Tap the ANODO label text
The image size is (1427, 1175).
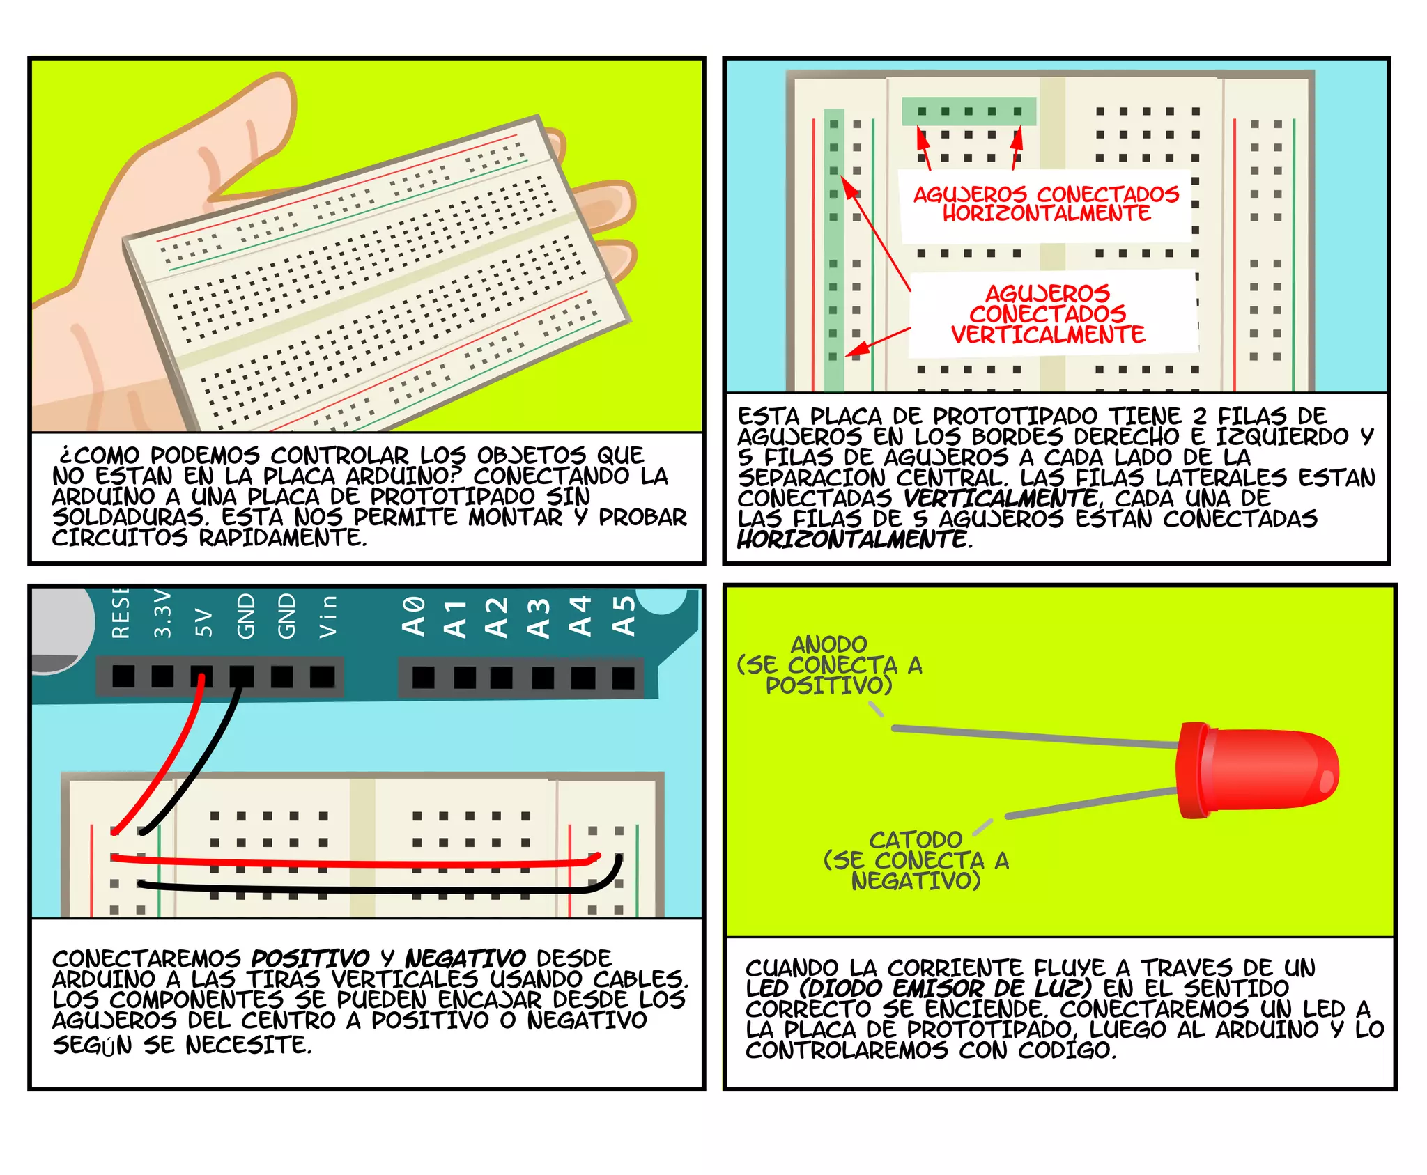[828, 644]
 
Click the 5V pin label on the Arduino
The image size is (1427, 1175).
[203, 622]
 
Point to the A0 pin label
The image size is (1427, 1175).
[414, 616]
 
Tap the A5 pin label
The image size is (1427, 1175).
[624, 616]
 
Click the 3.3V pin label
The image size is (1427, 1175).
[162, 614]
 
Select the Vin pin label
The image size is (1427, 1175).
[327, 616]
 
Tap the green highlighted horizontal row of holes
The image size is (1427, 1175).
[969, 111]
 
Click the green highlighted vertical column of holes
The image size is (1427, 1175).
[833, 251]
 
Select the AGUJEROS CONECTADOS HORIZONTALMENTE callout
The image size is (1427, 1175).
[1045, 203]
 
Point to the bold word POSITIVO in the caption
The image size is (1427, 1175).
[310, 958]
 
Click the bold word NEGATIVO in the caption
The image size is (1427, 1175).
[465, 958]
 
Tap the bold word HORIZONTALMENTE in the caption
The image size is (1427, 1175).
[852, 539]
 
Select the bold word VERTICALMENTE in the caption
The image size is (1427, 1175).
[1001, 498]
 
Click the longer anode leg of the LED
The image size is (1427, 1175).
[1031, 736]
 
